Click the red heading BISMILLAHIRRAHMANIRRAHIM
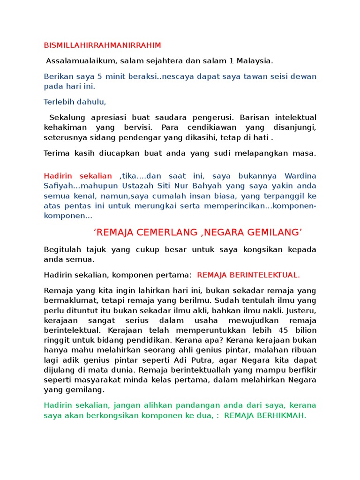point(102,45)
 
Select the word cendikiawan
point(218,127)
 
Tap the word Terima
point(57,153)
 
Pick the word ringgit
point(56,340)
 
